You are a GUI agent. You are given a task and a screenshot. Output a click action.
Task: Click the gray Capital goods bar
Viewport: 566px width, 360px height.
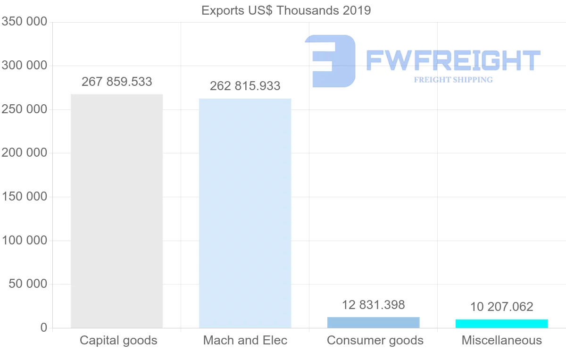117,211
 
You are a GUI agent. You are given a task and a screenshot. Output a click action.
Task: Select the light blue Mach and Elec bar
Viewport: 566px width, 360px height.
245,213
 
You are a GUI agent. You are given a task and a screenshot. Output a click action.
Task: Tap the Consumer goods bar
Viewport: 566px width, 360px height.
373,323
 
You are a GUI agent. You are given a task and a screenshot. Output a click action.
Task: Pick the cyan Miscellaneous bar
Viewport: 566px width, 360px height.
501,324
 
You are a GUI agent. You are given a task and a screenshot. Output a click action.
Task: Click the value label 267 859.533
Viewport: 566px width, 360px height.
117,82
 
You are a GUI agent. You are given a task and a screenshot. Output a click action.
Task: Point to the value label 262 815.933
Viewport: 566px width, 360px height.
245,86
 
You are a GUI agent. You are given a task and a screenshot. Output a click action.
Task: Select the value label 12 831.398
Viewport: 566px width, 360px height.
374,305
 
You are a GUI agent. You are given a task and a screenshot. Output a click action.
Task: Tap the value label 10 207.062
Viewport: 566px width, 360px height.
501,307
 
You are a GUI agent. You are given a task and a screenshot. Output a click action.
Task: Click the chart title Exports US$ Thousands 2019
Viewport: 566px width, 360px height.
286,10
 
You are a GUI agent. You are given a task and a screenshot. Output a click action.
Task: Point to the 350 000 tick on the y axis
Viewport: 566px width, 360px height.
25,22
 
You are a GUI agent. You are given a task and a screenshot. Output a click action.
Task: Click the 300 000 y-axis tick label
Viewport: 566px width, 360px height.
25,66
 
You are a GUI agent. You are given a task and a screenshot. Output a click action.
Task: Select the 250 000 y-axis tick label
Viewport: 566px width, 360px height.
25,109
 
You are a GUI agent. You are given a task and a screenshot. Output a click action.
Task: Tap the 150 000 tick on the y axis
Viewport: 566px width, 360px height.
25,197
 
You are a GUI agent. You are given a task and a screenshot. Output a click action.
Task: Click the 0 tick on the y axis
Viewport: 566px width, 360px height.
44,328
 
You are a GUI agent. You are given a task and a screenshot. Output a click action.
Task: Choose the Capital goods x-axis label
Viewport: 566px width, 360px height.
118,340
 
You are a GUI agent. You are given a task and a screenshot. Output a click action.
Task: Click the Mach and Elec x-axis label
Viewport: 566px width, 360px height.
245,340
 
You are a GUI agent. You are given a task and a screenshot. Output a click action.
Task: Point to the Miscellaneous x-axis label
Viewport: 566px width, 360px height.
502,340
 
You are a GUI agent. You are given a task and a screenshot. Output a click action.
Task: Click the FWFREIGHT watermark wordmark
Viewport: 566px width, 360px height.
453,60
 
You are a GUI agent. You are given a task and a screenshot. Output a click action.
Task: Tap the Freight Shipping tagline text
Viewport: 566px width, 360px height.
453,80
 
